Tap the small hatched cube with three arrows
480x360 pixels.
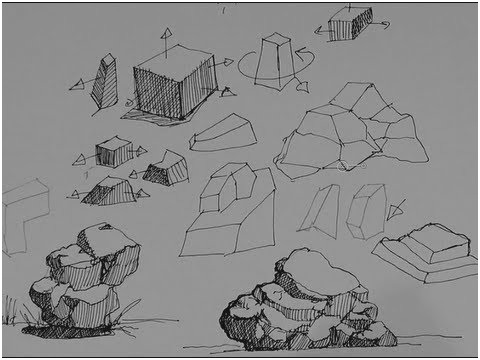(113, 153)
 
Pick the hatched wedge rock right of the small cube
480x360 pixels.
(165, 168)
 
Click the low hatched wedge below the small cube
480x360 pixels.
(110, 190)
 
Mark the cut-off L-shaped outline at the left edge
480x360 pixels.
(22, 215)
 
